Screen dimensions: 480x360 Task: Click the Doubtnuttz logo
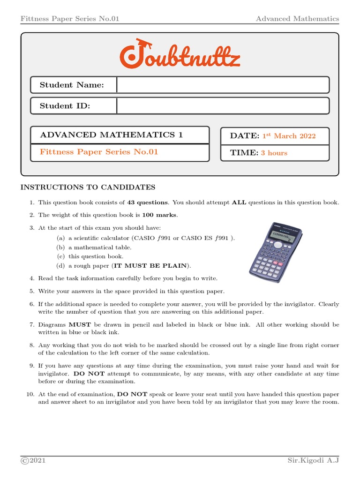tap(180, 54)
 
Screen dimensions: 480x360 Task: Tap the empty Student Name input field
tap(223, 85)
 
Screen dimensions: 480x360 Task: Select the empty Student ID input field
tap(223, 106)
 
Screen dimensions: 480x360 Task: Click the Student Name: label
tap(72, 85)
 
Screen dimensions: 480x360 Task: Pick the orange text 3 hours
tap(274, 153)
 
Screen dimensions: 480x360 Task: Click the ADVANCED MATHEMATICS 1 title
tap(112, 135)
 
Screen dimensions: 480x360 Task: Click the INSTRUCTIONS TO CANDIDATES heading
tap(88, 187)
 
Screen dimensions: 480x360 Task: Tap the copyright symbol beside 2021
tap(24, 461)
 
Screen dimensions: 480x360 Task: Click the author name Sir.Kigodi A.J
tap(313, 461)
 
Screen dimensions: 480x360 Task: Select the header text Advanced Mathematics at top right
tap(297, 19)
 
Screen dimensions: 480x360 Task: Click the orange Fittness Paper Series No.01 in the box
tap(99, 152)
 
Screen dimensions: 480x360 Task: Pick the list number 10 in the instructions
tap(29, 394)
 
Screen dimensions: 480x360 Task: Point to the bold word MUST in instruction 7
tap(76, 324)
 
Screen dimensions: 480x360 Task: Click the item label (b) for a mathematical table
tap(61, 247)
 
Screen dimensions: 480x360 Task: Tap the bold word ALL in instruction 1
tap(239, 202)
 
